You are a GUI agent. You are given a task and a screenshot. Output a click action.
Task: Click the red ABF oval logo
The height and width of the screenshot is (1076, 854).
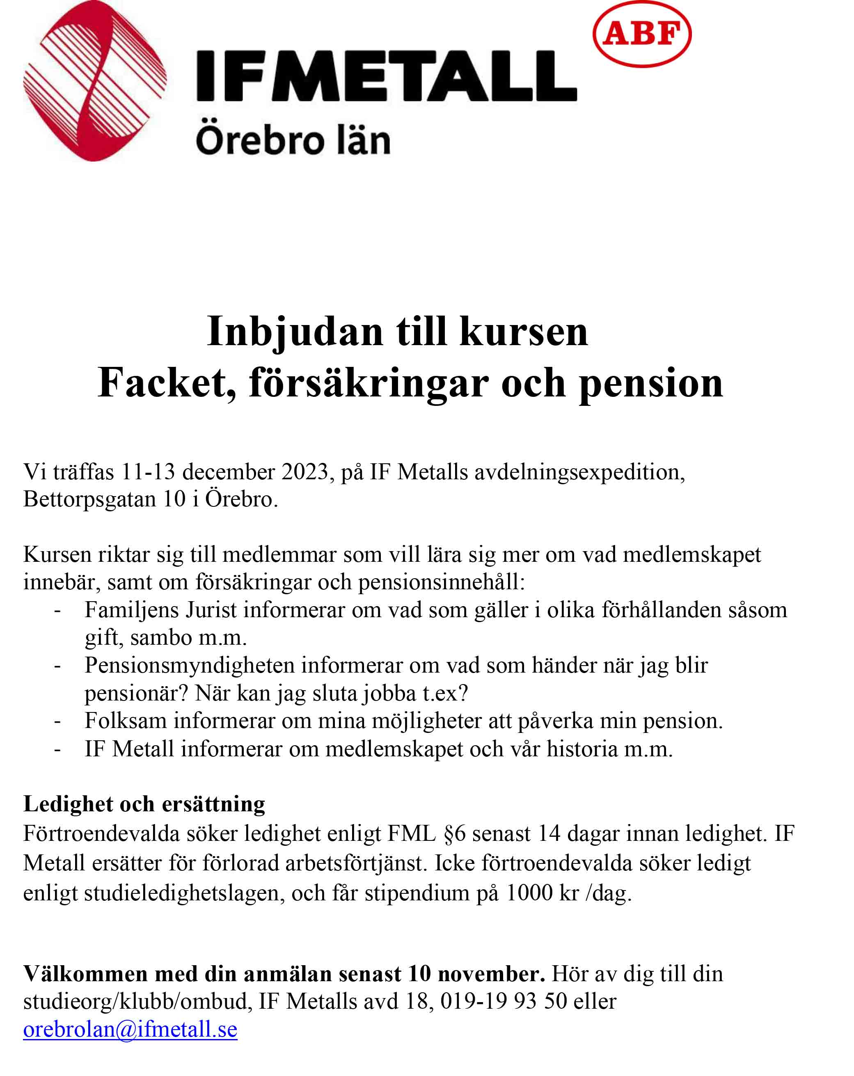(x=641, y=34)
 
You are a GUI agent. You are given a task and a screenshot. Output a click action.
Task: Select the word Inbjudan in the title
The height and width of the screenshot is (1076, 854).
(x=295, y=332)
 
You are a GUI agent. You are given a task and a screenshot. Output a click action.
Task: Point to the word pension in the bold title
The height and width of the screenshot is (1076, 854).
(x=650, y=383)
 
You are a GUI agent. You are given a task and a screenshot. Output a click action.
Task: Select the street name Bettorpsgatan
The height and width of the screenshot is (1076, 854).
(x=90, y=499)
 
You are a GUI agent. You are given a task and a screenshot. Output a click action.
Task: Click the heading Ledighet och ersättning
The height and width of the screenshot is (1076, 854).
(x=144, y=804)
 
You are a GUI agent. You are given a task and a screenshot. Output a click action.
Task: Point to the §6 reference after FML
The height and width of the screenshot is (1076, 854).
(x=454, y=834)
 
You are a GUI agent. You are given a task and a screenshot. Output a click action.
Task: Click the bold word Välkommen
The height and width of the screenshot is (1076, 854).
(x=85, y=974)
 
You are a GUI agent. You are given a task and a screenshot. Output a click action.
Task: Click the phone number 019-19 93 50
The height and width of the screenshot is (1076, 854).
(x=503, y=1001)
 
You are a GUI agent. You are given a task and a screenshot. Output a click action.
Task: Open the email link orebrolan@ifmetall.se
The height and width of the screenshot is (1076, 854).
(x=130, y=1029)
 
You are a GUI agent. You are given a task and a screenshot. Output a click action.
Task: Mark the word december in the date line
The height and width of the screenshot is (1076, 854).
(x=228, y=472)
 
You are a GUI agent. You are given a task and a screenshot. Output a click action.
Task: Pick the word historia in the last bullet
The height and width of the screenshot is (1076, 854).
(x=582, y=749)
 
